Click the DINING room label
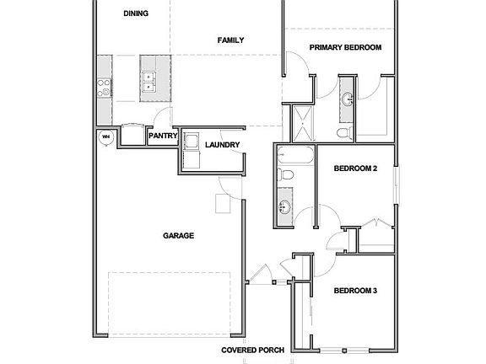pos(136,13)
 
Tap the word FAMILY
pos(230,40)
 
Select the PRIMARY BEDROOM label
pos(345,48)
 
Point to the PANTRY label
pos(161,136)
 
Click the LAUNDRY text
pos(222,145)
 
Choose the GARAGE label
pos(178,236)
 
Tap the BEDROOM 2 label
pos(355,169)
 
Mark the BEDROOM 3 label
pos(354,291)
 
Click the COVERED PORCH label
pos(252,350)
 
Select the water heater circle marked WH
pos(106,136)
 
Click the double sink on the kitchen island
pos(148,80)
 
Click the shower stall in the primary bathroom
pos(300,123)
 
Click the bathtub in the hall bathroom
pos(295,155)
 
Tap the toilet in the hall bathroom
pos(285,175)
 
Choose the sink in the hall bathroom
pos(284,206)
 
